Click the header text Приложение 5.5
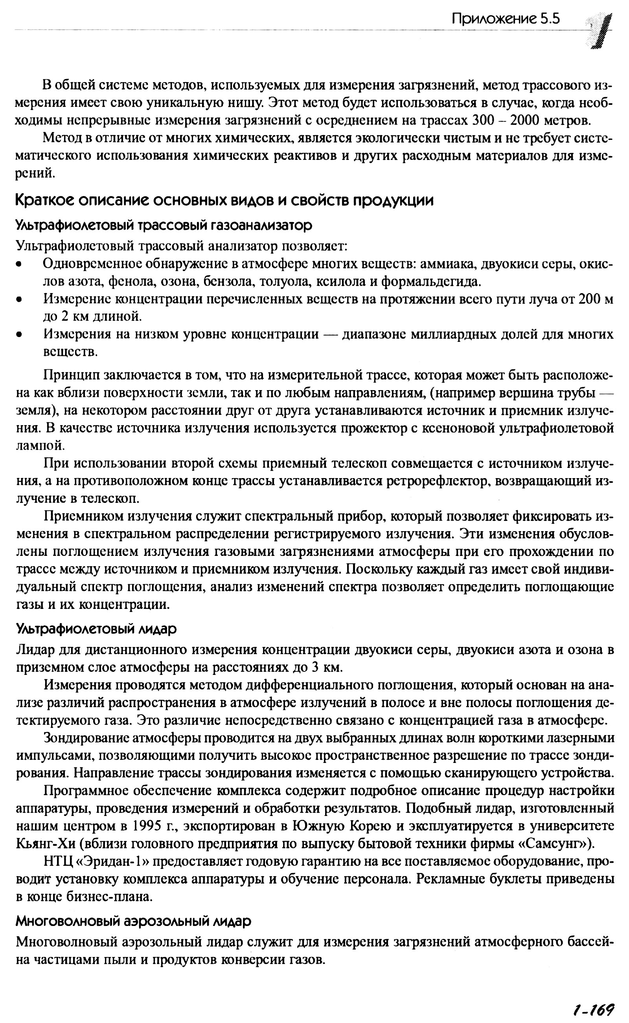pyautogui.click(x=506, y=19)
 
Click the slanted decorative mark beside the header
pyautogui.click(x=599, y=31)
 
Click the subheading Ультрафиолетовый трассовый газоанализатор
pyautogui.click(x=164, y=226)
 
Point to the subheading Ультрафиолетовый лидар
pyautogui.click(x=96, y=629)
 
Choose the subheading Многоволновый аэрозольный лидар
pyautogui.click(x=134, y=922)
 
